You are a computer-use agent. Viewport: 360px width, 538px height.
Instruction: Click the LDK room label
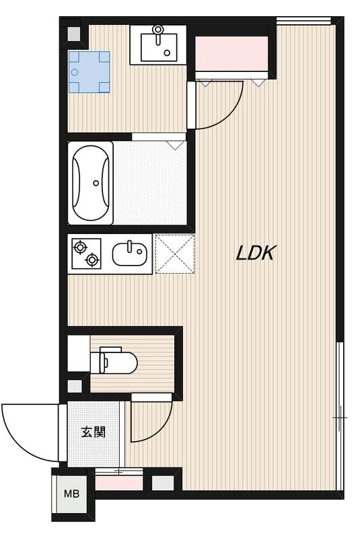[x=256, y=253]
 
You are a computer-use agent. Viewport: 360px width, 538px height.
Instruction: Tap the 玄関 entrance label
[x=94, y=432]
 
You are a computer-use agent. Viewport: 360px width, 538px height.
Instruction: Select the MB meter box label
[x=71, y=494]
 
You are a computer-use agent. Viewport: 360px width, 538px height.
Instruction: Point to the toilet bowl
[x=122, y=362]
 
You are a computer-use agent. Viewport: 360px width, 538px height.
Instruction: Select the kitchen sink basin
[x=129, y=254]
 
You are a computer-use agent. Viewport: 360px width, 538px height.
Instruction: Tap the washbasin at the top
[x=159, y=44]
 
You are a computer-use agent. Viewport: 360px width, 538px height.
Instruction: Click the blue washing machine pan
[x=89, y=72]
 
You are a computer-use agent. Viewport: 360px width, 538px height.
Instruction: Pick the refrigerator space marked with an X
[x=175, y=254]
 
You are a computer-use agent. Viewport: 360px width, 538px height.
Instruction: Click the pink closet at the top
[x=232, y=53]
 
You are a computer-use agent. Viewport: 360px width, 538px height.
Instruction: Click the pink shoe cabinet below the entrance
[x=118, y=482]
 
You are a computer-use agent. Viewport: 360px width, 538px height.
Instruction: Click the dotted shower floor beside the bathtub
[x=149, y=183]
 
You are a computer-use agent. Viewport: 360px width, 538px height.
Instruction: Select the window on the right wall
[x=340, y=417]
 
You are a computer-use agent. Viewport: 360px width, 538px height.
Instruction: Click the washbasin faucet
[x=159, y=31]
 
